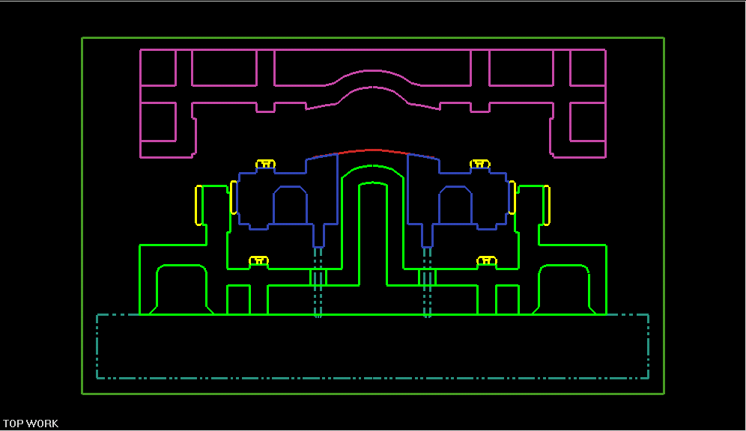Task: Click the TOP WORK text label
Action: (x=31, y=424)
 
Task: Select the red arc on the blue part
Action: (x=372, y=150)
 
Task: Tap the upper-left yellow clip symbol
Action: (x=265, y=163)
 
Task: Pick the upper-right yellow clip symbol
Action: (x=480, y=163)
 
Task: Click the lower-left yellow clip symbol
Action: (x=258, y=260)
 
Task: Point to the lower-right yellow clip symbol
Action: (x=487, y=260)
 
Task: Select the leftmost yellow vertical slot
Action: (x=198, y=204)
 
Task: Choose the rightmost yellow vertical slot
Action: (x=547, y=204)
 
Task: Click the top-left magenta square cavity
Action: (x=158, y=67)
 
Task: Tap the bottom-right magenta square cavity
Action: (x=587, y=121)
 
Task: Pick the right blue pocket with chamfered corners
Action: (x=455, y=205)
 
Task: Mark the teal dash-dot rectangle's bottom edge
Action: (x=372, y=378)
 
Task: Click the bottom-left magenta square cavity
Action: (x=158, y=121)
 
